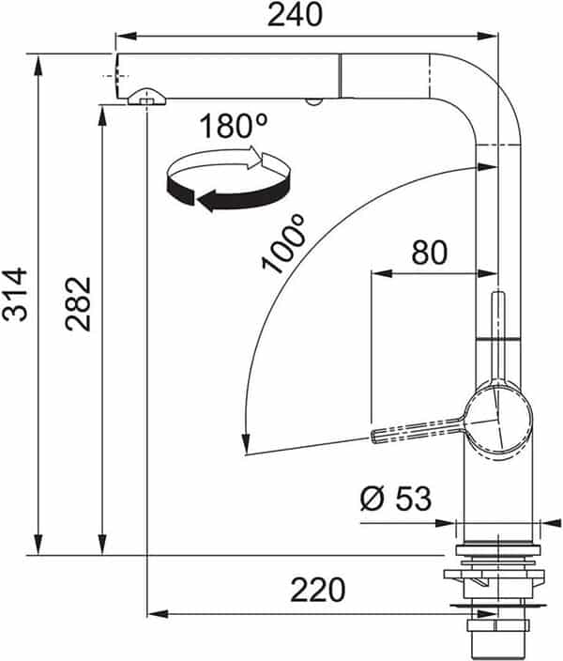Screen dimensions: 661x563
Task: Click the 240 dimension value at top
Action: [x=295, y=15]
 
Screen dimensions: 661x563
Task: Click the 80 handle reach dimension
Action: [x=428, y=253]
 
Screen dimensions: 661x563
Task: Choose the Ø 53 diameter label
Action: [x=395, y=499]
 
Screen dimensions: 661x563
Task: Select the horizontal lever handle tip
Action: [x=380, y=435]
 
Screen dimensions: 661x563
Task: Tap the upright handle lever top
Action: [x=498, y=299]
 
